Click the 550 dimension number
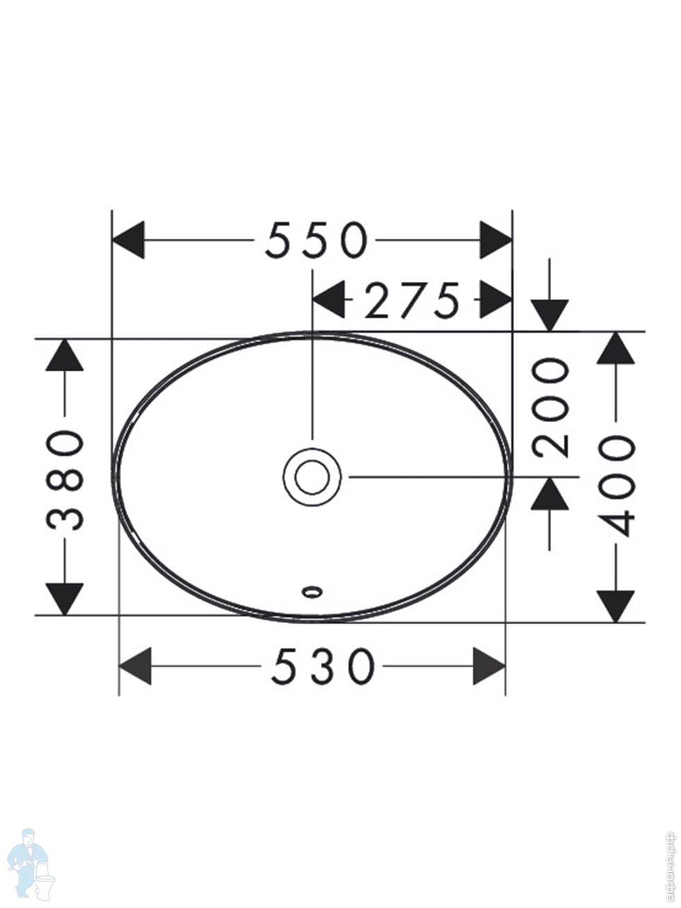point(315,240)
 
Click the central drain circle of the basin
point(312,477)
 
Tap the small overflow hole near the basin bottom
point(312,591)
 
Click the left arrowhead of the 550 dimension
point(128,240)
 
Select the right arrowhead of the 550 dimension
point(496,240)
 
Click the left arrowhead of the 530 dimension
point(135,666)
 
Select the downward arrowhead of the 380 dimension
point(65,598)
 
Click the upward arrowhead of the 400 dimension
point(616,348)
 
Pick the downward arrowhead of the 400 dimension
point(616,605)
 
